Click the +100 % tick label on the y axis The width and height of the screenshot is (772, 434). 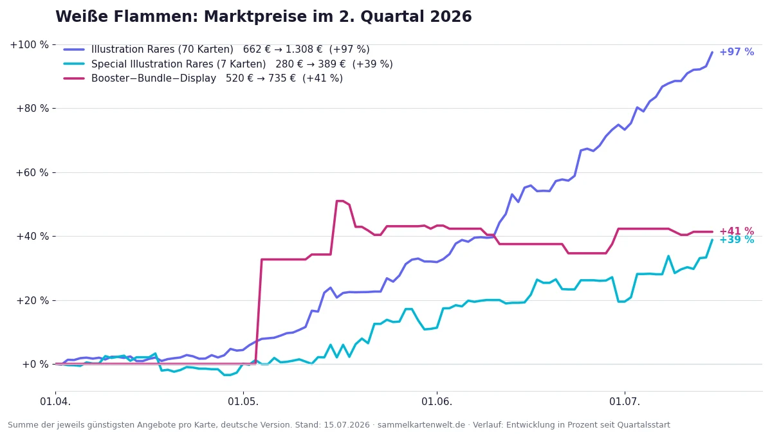click(x=30, y=45)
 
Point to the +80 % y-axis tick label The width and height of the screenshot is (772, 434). click(x=33, y=109)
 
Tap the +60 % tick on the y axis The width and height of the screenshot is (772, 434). click(x=32, y=172)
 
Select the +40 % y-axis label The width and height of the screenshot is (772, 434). click(x=33, y=237)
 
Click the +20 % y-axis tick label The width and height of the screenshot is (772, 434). click(x=33, y=301)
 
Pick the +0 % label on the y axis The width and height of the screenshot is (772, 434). click(x=35, y=365)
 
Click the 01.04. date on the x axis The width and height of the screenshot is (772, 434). click(x=55, y=402)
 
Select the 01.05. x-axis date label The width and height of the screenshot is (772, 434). click(x=243, y=402)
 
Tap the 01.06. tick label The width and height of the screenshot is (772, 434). click(x=437, y=402)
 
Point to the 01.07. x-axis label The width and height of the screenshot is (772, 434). click(x=625, y=402)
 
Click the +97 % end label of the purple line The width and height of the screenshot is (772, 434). click(x=737, y=52)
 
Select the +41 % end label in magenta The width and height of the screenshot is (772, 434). click(x=737, y=231)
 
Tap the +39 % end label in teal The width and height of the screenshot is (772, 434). click(x=737, y=240)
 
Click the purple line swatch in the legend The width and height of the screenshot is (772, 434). click(x=74, y=50)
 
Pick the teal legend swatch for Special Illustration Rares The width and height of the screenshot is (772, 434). click(x=74, y=64)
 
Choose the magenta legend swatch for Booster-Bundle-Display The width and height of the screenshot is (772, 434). click(x=74, y=78)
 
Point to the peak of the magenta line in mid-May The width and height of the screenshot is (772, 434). click(x=340, y=201)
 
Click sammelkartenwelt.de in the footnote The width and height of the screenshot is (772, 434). click(x=421, y=425)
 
